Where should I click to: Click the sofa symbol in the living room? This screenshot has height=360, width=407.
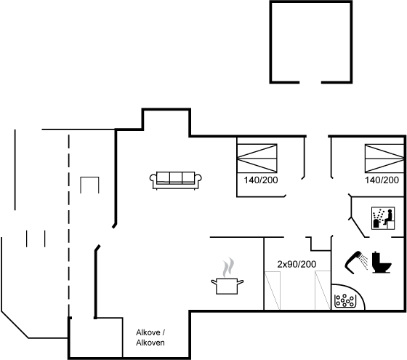tap(176, 180)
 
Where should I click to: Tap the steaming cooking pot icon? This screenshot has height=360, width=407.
tap(227, 276)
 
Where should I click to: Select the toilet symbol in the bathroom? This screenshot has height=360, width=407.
tap(382, 262)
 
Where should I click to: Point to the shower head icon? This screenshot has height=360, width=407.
tap(353, 263)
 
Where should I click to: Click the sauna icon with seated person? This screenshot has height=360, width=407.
tap(383, 218)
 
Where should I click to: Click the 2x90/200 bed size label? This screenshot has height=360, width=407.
tap(297, 265)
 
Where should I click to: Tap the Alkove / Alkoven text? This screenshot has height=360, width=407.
tap(150, 337)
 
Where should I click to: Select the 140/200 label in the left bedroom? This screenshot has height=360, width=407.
tap(261, 180)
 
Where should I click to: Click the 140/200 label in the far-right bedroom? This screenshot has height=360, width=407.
tap(382, 180)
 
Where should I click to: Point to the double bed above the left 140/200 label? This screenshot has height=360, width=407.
tap(257, 158)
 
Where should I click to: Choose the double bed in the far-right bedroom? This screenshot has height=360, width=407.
tap(384, 159)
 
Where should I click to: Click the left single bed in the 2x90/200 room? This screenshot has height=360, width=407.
tap(273, 290)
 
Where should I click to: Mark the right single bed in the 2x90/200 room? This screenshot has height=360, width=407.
tap(323, 290)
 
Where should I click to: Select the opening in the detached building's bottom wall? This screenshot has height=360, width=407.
tap(310, 82)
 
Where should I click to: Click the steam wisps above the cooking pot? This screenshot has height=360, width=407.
tap(227, 267)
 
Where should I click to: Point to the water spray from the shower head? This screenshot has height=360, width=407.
tap(364, 262)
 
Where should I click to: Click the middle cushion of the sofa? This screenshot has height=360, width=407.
tap(176, 177)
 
